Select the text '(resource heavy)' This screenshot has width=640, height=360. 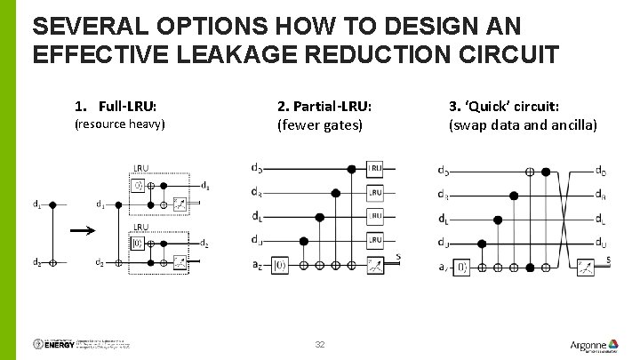pyautogui.click(x=119, y=124)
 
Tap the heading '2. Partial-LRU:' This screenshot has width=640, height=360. pyautogui.click(x=324, y=107)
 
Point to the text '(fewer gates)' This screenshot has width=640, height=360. pyautogui.click(x=320, y=124)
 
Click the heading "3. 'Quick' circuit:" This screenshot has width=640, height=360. pyautogui.click(x=503, y=106)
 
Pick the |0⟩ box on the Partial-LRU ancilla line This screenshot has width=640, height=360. pyautogui.click(x=279, y=265)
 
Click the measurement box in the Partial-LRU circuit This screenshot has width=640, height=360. pyautogui.click(x=375, y=265)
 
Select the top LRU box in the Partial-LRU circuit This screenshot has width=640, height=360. pyautogui.click(x=375, y=168)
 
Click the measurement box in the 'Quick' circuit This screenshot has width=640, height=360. pyautogui.click(x=584, y=266)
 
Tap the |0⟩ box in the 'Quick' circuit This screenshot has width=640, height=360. pyautogui.click(x=462, y=266)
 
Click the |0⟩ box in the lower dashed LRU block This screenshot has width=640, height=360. pyautogui.click(x=139, y=242)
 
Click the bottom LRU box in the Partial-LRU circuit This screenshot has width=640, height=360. pyautogui.click(x=375, y=240)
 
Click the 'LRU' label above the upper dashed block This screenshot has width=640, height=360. pyautogui.click(x=140, y=167)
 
